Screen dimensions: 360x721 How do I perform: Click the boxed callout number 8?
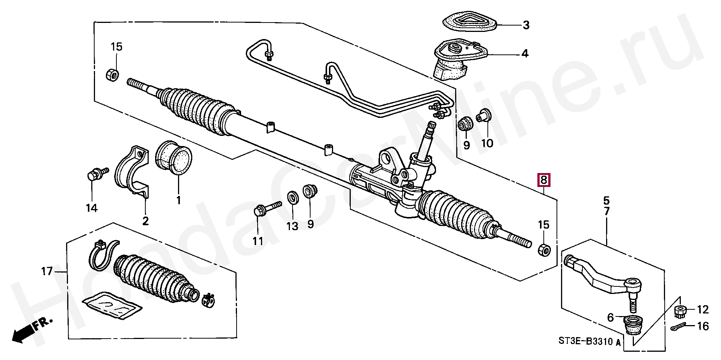[x=544, y=180]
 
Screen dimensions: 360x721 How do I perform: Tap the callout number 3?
[x=526, y=25]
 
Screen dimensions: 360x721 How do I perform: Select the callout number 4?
[x=525, y=54]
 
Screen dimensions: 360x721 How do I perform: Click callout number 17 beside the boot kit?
[x=47, y=271]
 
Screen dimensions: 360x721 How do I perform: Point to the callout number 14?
[x=92, y=208]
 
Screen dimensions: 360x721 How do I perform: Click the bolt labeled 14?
[x=96, y=175]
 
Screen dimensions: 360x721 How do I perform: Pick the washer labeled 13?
[x=293, y=197]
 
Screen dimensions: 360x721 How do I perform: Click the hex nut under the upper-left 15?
[x=112, y=74]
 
